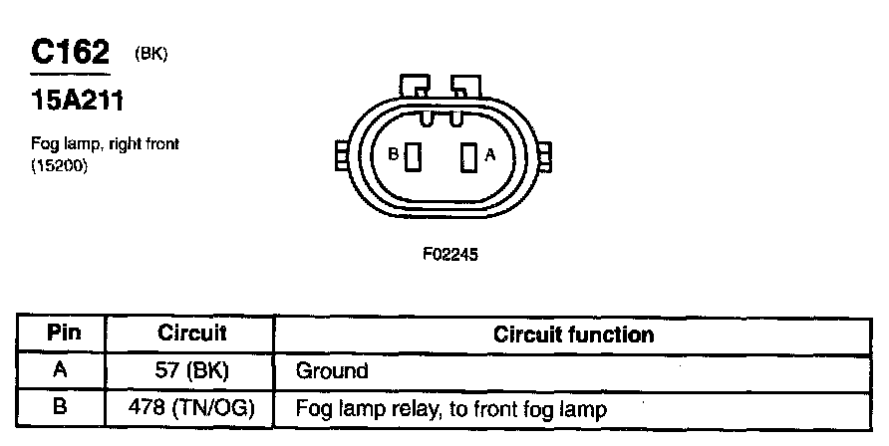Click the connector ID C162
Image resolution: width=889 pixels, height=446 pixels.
click(70, 53)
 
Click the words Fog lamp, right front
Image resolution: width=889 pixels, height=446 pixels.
click(105, 145)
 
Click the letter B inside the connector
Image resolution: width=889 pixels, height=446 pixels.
click(394, 155)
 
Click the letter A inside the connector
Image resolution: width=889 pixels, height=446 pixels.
click(489, 155)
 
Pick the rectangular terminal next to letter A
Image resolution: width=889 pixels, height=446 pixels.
click(466, 157)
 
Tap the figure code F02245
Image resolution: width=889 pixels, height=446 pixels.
click(450, 254)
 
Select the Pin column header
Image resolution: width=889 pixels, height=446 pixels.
click(64, 334)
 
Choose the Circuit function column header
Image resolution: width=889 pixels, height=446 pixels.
click(574, 334)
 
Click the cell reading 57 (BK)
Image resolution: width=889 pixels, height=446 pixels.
click(192, 371)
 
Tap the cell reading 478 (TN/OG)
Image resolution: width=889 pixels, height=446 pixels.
click(192, 408)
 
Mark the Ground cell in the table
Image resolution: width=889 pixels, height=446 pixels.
click(332, 372)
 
